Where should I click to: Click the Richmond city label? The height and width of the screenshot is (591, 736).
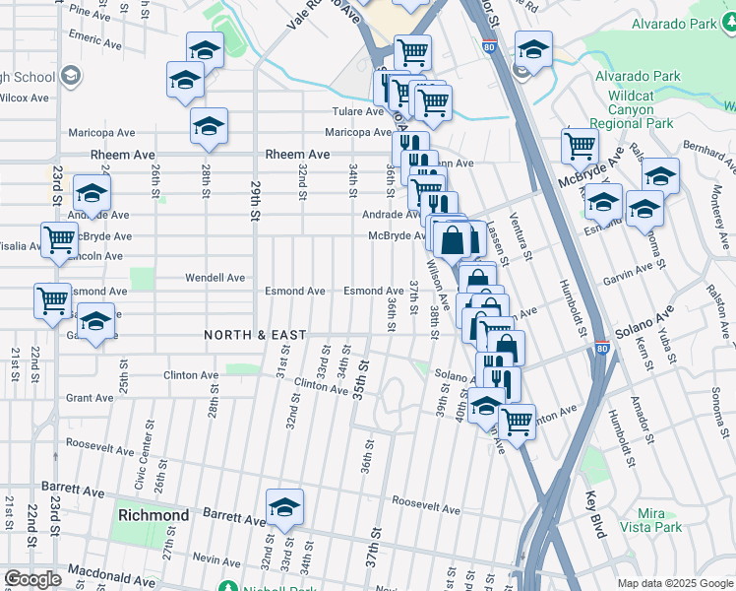pos(153,515)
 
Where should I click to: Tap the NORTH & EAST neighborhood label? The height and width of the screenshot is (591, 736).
pos(256,336)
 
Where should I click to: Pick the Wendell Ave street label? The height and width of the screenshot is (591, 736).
pos(215,278)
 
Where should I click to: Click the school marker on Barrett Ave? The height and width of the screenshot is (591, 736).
pos(284,507)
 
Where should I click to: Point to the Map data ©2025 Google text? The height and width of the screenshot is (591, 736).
pos(674,583)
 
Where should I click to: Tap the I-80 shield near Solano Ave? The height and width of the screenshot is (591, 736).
pos(601,348)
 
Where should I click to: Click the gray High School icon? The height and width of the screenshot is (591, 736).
pos(70,75)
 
